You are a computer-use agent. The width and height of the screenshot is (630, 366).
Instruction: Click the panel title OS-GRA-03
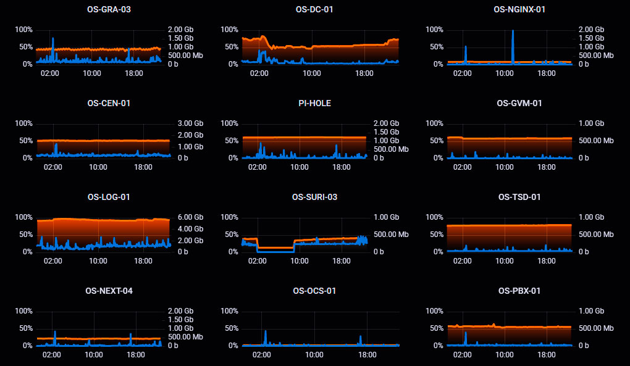pyautogui.click(x=109, y=9)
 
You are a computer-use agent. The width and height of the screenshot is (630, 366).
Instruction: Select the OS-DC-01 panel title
pyautogui.click(x=314, y=9)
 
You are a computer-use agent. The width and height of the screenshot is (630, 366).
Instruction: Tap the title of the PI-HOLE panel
pyautogui.click(x=314, y=103)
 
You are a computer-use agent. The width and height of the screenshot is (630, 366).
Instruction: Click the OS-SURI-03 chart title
pyautogui.click(x=314, y=197)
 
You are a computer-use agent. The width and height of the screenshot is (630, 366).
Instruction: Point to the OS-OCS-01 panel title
pyautogui.click(x=314, y=291)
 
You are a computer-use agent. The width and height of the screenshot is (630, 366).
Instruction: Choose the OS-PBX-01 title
pyautogui.click(x=519, y=291)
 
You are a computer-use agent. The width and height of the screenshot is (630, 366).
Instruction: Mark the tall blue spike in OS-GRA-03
pyautogui.click(x=52, y=41)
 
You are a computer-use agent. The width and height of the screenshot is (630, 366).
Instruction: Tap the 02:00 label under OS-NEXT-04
pyautogui.click(x=52, y=355)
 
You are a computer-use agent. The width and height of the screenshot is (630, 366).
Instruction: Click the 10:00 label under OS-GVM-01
pyautogui.click(x=505, y=167)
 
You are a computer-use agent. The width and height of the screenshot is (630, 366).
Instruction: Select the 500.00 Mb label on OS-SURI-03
pyautogui.click(x=390, y=235)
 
